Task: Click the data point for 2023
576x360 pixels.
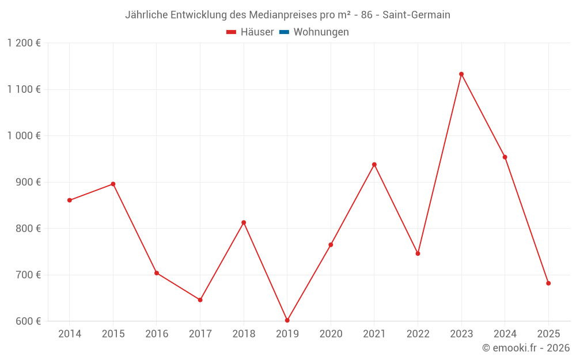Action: tap(461, 74)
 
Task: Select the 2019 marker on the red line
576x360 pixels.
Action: tap(287, 320)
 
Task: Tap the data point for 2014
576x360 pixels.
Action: tap(70, 200)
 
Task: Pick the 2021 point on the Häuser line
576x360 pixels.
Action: tap(374, 165)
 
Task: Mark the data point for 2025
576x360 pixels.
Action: tap(548, 283)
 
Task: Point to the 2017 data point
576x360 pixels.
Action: tap(200, 300)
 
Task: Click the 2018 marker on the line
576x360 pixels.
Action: tap(244, 222)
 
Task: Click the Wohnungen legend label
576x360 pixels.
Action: tap(321, 32)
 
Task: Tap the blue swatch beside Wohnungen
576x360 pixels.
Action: tap(283, 32)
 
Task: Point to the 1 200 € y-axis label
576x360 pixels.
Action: tap(24, 43)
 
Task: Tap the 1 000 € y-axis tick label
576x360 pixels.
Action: tap(24, 136)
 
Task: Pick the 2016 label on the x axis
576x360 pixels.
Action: tap(157, 334)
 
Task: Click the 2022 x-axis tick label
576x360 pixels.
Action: tap(418, 334)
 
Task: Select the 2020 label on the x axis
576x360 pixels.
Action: tap(331, 334)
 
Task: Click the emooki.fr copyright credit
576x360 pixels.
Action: tap(526, 348)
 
